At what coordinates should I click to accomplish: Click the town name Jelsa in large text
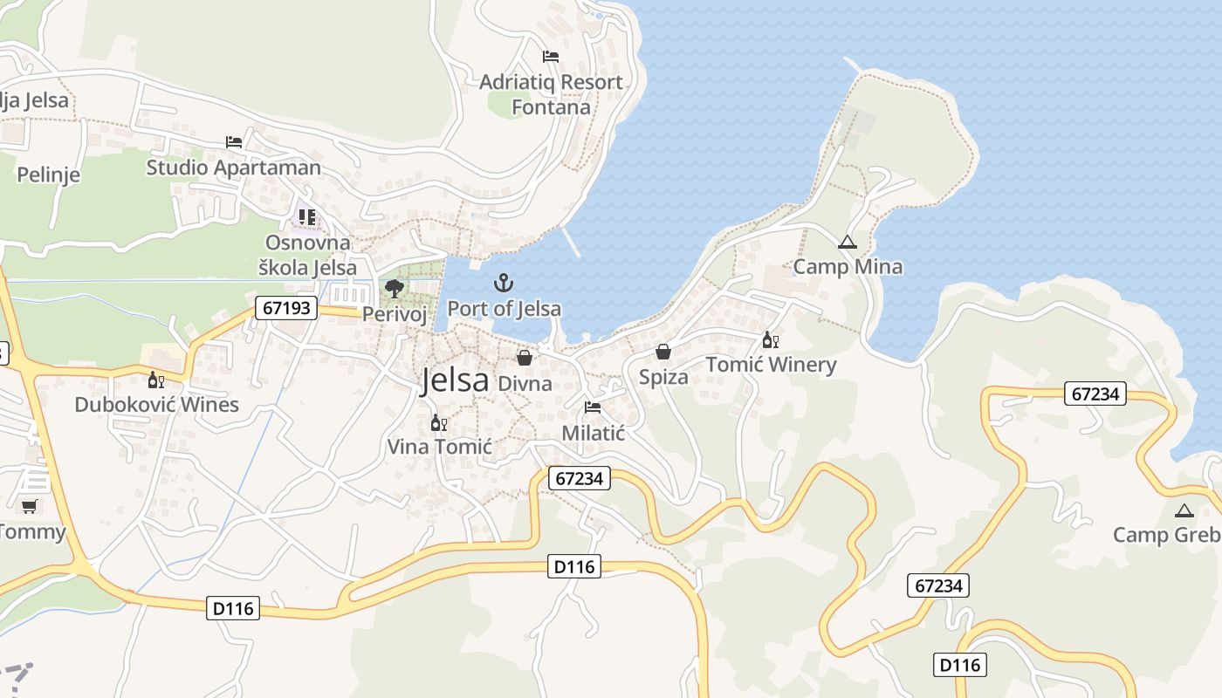(x=454, y=380)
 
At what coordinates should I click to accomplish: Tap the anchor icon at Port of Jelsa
(x=504, y=283)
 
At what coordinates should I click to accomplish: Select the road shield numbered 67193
(x=286, y=307)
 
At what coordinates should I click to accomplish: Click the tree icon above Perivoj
(x=395, y=288)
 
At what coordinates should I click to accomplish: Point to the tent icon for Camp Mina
(x=846, y=242)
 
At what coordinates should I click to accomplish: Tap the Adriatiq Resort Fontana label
(x=551, y=94)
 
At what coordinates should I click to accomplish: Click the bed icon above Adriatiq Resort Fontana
(x=551, y=57)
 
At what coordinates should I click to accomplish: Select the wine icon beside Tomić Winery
(x=770, y=339)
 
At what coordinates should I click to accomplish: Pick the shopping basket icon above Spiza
(x=663, y=352)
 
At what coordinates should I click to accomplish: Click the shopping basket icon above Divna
(x=525, y=358)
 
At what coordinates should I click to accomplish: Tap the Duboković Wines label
(x=156, y=405)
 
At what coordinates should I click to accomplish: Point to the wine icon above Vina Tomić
(x=439, y=423)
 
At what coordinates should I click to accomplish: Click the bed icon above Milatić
(x=593, y=407)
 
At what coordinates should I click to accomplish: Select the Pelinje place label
(x=49, y=174)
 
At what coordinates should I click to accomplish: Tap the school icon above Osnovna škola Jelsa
(x=306, y=216)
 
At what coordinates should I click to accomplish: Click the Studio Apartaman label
(x=233, y=168)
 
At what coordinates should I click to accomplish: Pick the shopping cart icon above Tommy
(x=30, y=506)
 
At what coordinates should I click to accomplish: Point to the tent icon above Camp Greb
(x=1184, y=510)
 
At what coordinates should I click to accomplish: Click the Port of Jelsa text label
(x=504, y=309)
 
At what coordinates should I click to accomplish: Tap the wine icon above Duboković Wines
(x=156, y=380)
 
